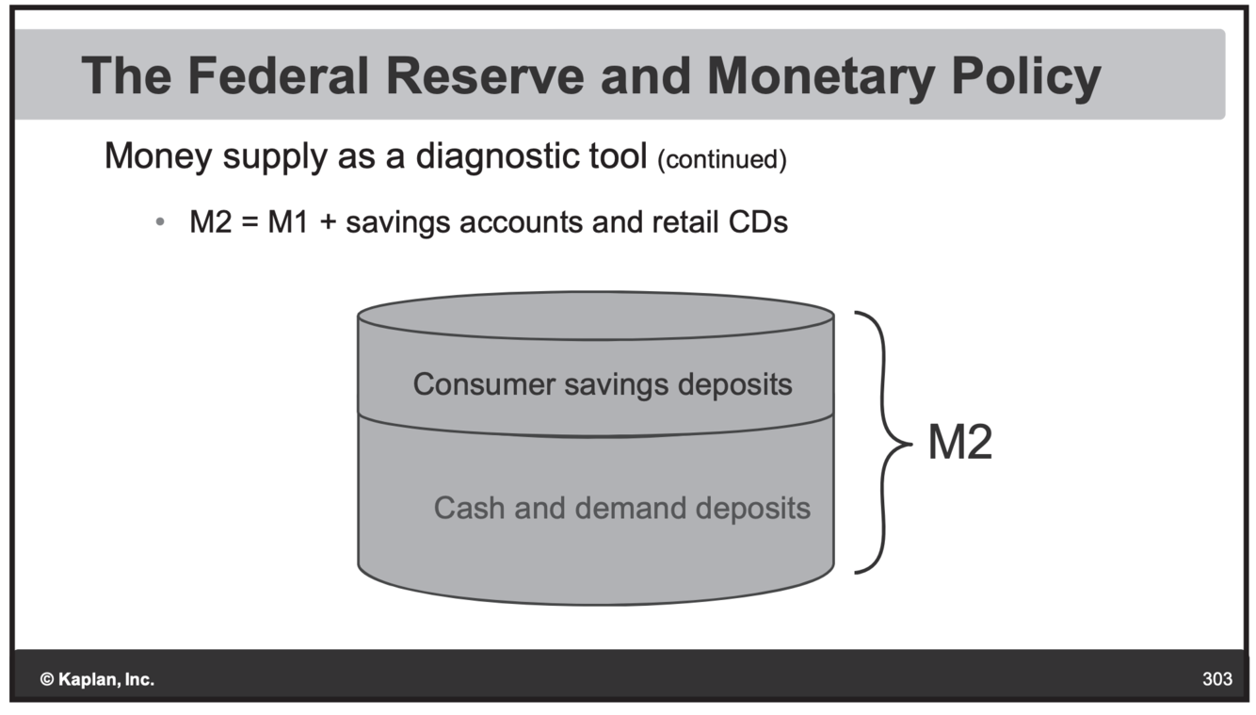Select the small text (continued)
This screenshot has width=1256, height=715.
pos(720,159)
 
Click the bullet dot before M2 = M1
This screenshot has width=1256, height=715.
pos(161,223)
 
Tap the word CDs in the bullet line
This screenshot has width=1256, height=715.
pos(758,222)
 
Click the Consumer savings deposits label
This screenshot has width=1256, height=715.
pos(602,384)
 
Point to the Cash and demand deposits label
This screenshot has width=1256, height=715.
pos(621,508)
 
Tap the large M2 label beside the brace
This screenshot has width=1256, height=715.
pos(959,442)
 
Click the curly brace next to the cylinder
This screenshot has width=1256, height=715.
pos(886,442)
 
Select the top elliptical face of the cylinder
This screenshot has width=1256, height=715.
pos(595,316)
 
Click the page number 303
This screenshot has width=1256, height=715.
pos(1216,679)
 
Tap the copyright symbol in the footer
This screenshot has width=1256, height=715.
pos(46,679)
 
